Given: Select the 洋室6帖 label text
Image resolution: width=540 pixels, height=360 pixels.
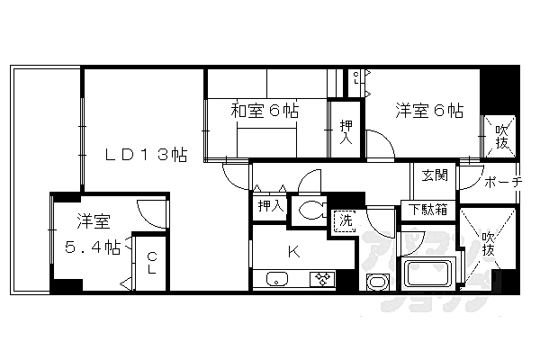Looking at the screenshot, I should coord(429,112).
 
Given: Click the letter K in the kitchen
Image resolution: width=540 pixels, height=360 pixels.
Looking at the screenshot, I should coord(292,249).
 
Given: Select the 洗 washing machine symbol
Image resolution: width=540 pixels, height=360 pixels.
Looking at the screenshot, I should coord(345,220).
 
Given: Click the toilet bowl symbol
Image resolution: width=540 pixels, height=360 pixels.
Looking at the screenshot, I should coord(314,211).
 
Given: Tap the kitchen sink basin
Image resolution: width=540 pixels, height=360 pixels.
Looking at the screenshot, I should coord(275,279).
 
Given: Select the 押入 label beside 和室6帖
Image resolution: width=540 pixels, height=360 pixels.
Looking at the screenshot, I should coord(346,130).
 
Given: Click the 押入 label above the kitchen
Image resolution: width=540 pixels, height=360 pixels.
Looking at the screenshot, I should coord(269,206).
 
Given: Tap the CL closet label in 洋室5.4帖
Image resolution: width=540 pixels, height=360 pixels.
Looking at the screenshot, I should coord(151,262).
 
